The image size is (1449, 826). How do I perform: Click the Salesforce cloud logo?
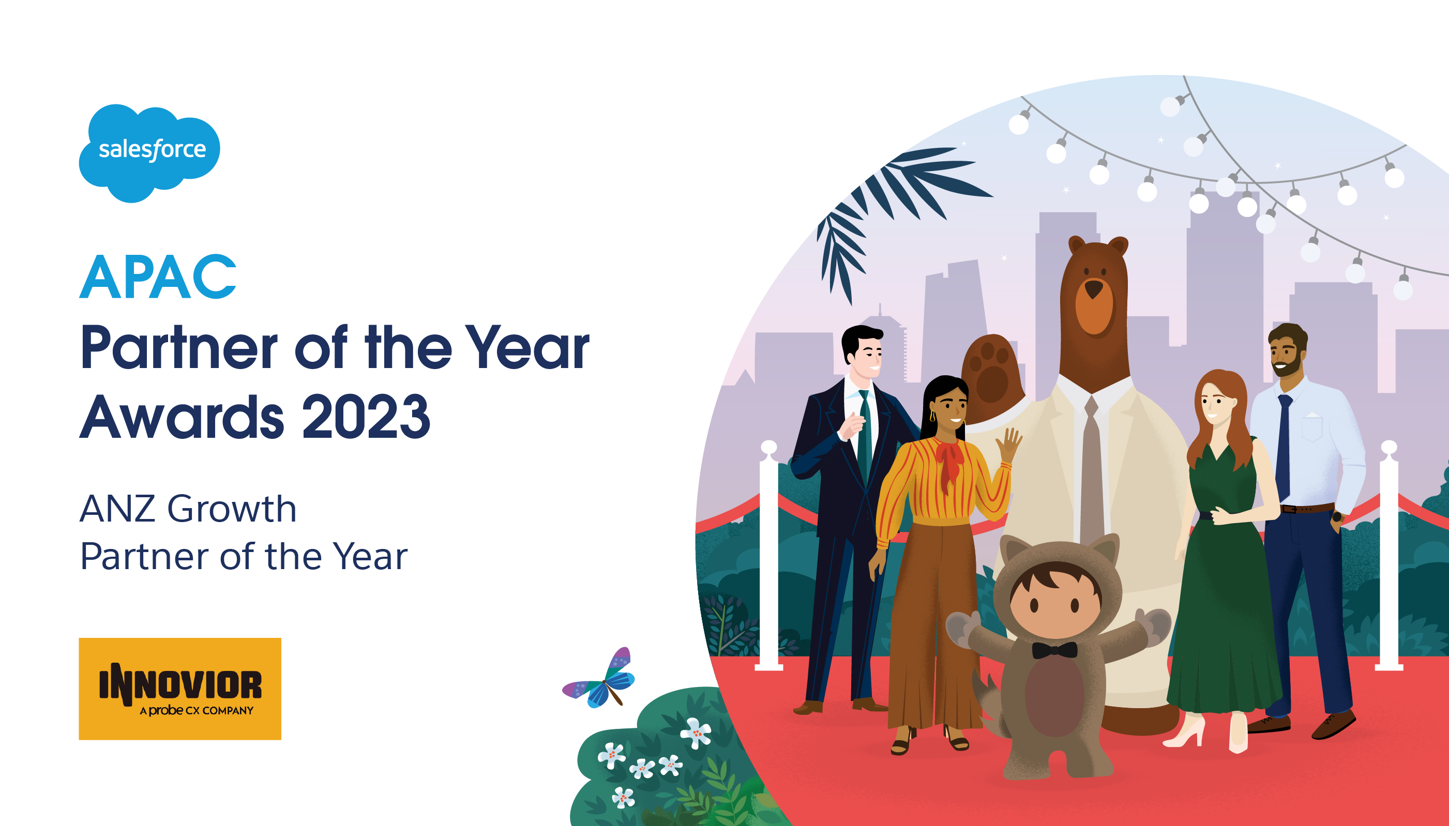[149, 152]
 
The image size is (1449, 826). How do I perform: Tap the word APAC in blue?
[158, 277]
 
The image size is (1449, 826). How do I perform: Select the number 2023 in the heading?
[366, 417]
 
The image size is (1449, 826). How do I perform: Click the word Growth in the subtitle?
[232, 508]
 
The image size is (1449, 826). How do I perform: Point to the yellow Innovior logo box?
[180, 689]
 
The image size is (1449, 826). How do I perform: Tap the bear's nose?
[1093, 289]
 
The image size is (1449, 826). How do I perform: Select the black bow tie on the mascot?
[1054, 650]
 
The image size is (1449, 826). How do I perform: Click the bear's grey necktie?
[1090, 471]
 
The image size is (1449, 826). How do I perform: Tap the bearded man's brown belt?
[1307, 508]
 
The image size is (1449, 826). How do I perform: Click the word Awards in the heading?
[182, 417]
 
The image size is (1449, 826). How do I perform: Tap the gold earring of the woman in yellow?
[932, 417]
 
